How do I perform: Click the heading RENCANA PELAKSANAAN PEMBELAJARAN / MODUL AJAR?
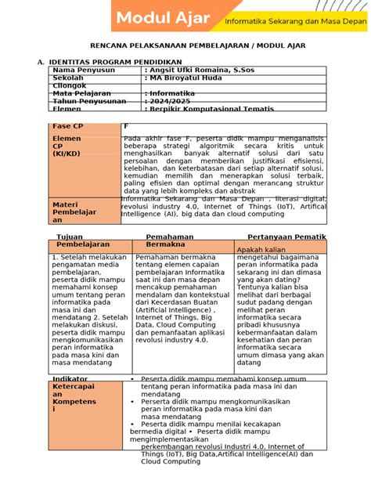(x=185, y=47)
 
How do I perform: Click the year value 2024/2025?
(x=171, y=102)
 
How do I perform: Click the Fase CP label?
(x=67, y=126)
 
